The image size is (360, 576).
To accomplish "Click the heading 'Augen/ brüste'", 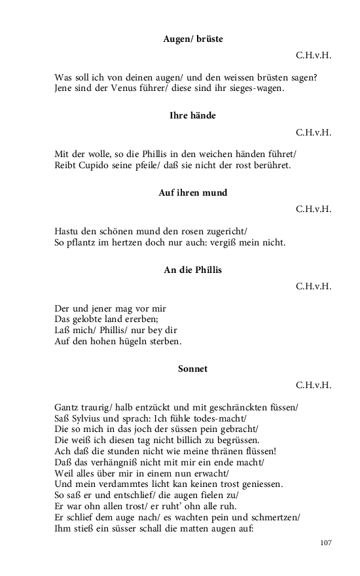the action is (192, 39).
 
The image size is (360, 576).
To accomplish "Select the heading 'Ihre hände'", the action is (192, 116).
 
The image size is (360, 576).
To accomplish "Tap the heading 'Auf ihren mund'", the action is (192, 193).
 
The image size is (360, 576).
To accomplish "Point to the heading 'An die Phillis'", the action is (192, 270).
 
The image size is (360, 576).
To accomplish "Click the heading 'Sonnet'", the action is (192, 369).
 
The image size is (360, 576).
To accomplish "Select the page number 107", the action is (326, 543).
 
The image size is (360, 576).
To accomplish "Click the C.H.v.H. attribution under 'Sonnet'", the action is (314, 385).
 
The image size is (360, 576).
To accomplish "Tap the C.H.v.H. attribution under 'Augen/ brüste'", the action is (314, 55).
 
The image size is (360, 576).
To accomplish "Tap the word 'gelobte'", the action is (94, 319).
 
